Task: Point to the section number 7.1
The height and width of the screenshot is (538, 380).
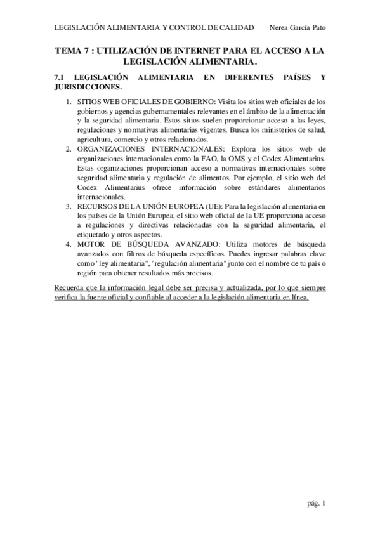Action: [x=60, y=77]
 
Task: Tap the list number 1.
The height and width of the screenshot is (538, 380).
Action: [x=69, y=101]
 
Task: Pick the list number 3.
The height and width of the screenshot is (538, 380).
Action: [x=69, y=206]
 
